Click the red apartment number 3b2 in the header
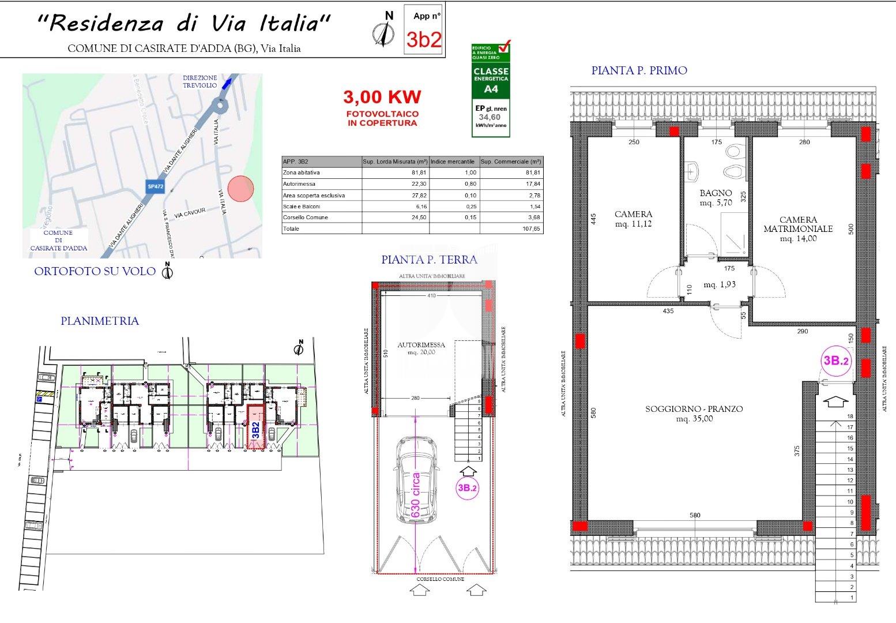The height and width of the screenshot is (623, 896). pos(424,39)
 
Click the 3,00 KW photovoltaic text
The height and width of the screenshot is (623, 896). pos(382,96)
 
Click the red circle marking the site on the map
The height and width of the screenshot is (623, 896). pos(240,189)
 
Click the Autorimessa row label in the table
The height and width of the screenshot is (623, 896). pos(296,184)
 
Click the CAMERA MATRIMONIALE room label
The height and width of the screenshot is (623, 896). pos(798,224)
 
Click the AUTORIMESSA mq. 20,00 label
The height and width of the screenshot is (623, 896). pos(421,348)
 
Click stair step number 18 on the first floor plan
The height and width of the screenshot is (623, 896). pos(849,416)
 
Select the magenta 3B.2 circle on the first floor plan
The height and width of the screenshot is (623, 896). pos(836,361)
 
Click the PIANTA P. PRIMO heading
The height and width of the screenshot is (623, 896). pos(639,70)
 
